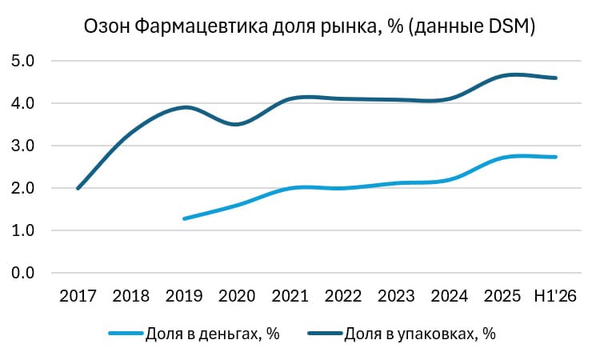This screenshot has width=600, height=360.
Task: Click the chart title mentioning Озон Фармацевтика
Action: click(309, 26)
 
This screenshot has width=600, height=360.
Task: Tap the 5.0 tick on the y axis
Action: click(22, 61)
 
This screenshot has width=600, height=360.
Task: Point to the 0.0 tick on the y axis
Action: click(22, 273)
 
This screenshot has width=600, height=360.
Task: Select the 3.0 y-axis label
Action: click(22, 146)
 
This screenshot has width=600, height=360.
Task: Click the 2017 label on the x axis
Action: click(78, 296)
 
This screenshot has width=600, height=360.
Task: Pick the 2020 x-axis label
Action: click(237, 296)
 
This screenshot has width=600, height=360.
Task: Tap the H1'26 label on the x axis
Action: click(555, 296)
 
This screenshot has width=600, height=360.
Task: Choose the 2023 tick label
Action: click(396, 296)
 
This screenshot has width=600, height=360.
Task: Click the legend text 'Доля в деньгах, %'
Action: click(212, 334)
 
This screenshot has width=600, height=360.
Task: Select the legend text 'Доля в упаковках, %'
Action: click(420, 334)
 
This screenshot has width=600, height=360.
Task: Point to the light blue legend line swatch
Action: click(126, 334)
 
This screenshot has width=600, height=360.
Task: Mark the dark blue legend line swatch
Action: click(325, 334)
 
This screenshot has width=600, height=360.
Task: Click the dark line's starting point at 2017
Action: click(78, 188)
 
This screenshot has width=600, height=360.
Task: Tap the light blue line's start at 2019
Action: click(185, 219)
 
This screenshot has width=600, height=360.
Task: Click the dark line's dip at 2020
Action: click(236, 124)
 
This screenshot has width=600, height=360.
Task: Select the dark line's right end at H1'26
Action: click(556, 78)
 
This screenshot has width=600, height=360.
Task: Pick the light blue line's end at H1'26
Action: click(556, 157)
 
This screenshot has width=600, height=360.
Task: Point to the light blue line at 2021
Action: click(290, 189)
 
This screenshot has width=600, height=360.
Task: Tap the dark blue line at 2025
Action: click(502, 77)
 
